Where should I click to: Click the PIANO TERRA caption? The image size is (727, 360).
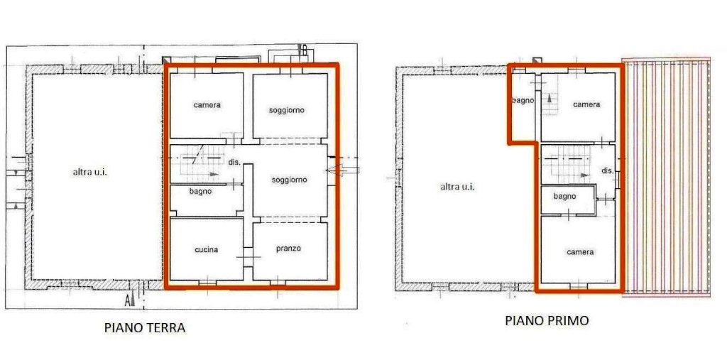click(145, 328)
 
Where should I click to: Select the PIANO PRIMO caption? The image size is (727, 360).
click(547, 320)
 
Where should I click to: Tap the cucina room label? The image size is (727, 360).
click(207, 250)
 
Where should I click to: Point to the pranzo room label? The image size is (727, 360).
click(288, 249)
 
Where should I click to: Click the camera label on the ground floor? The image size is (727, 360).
click(207, 105)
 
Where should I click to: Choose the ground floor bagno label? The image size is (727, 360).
click(200, 191)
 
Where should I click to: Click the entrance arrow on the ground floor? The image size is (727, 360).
click(342, 170)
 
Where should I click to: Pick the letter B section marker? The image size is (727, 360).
click(304, 50)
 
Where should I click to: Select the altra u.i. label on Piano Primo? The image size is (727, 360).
click(458, 187)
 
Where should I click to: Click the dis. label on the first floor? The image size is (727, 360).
click(608, 170)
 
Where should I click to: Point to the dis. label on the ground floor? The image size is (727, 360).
click(234, 163)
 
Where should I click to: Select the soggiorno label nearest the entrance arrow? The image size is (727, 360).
click(290, 180)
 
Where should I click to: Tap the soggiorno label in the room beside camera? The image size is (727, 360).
click(287, 110)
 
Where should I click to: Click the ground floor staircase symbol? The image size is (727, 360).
click(199, 165)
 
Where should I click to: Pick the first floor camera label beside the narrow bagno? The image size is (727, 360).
click(586, 105)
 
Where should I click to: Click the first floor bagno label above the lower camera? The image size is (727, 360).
click(564, 197)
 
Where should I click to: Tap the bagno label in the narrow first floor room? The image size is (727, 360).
click(523, 100)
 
